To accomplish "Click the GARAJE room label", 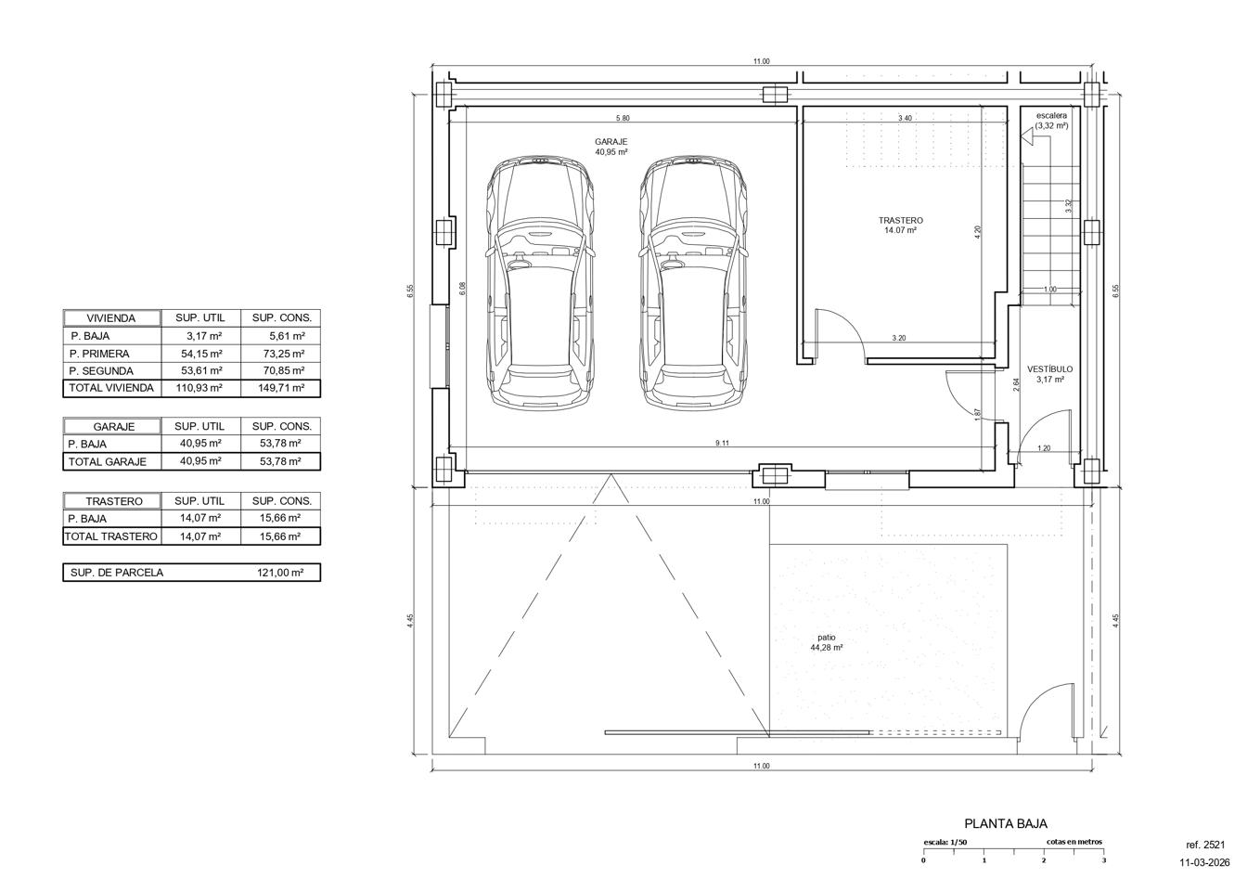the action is pyautogui.click(x=611, y=142).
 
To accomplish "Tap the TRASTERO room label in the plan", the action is pyautogui.click(x=901, y=221).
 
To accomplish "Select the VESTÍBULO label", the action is pyautogui.click(x=1049, y=369).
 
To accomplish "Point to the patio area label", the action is pyautogui.click(x=827, y=638).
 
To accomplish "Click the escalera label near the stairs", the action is pyautogui.click(x=1051, y=115).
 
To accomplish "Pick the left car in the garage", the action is pyautogui.click(x=540, y=282).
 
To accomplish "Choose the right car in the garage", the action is pyautogui.click(x=694, y=282).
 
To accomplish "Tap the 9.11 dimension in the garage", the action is pyautogui.click(x=722, y=443).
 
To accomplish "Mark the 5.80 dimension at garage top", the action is pyautogui.click(x=623, y=118).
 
